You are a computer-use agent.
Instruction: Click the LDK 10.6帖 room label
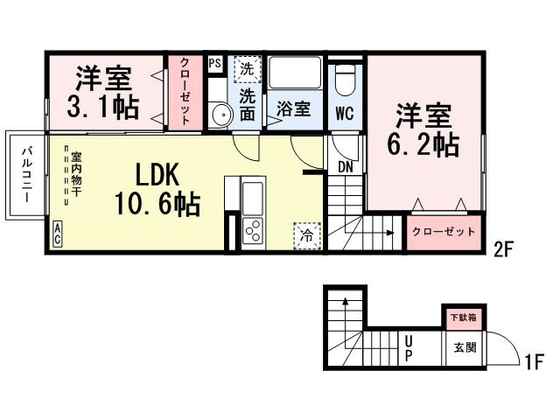pyautogui.click(x=157, y=190)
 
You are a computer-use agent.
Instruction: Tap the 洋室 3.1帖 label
pyautogui.click(x=103, y=94)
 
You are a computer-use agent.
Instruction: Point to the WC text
pyautogui.click(x=345, y=112)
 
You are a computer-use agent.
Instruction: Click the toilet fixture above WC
pyautogui.click(x=346, y=80)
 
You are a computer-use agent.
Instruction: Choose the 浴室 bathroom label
pyautogui.click(x=293, y=109)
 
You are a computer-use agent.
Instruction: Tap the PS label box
pyautogui.click(x=214, y=63)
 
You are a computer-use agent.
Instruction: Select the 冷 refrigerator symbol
pyautogui.click(x=307, y=234)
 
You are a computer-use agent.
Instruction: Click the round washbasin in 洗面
pyautogui.click(x=220, y=115)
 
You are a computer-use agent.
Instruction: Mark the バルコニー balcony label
pyautogui.click(x=27, y=175)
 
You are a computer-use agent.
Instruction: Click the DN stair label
pyautogui.click(x=345, y=166)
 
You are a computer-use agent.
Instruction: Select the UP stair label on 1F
pyautogui.click(x=408, y=349)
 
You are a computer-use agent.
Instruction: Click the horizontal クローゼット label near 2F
pyautogui.click(x=444, y=233)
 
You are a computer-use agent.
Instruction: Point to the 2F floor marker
pyautogui.click(x=502, y=248)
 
